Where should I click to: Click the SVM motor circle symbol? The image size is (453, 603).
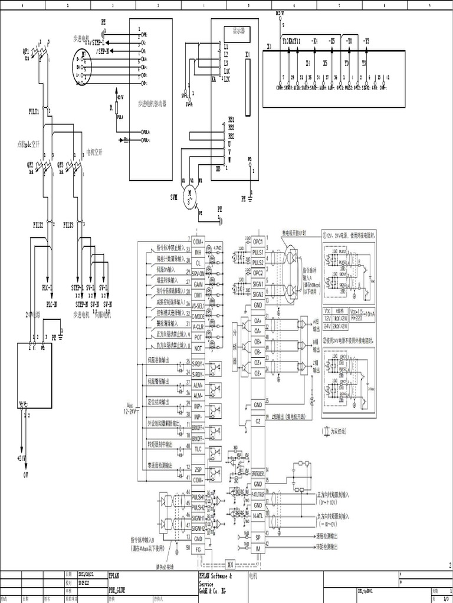click(x=190, y=192)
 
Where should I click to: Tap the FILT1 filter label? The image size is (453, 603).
click(x=34, y=111)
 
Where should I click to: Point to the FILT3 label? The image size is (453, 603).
click(x=68, y=224)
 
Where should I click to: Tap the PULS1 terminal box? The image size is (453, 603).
click(x=258, y=251)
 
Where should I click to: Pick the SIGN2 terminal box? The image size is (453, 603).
click(x=258, y=294)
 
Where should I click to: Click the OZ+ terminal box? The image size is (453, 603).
click(x=258, y=363)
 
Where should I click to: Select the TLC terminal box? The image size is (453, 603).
click(x=198, y=449)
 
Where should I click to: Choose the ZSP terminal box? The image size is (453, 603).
click(x=198, y=469)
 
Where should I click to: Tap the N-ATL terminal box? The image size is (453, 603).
click(x=258, y=516)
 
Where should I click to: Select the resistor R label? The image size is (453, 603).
click(x=110, y=108)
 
